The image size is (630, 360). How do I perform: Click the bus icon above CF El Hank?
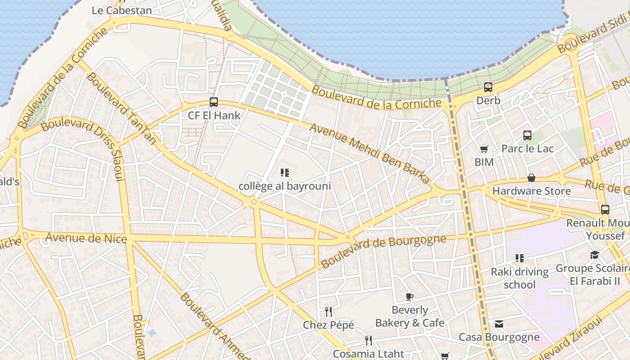(x=214, y=102)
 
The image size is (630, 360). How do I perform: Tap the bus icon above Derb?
(x=488, y=87)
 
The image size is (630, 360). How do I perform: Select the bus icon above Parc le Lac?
(x=527, y=135)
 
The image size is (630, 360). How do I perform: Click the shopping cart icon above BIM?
(x=484, y=149)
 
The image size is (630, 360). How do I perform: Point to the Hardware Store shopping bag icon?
(x=531, y=178)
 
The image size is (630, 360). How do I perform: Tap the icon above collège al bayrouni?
(x=284, y=172)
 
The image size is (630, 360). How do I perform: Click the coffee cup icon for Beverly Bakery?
(x=409, y=297)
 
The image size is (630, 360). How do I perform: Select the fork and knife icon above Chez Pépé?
(x=328, y=311)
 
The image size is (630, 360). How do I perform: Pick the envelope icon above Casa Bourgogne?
(x=499, y=324)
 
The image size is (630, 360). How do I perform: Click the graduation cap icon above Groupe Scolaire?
(x=594, y=255)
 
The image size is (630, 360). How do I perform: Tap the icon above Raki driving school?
(x=520, y=258)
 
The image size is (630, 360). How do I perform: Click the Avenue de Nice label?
(x=86, y=238)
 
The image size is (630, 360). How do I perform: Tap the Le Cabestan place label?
(x=121, y=10)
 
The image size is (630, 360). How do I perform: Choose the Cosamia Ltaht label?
(x=369, y=354)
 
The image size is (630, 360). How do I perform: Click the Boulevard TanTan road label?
(x=121, y=108)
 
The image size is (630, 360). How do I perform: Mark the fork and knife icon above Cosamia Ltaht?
(x=369, y=340)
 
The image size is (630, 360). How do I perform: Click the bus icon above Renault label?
(x=605, y=209)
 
